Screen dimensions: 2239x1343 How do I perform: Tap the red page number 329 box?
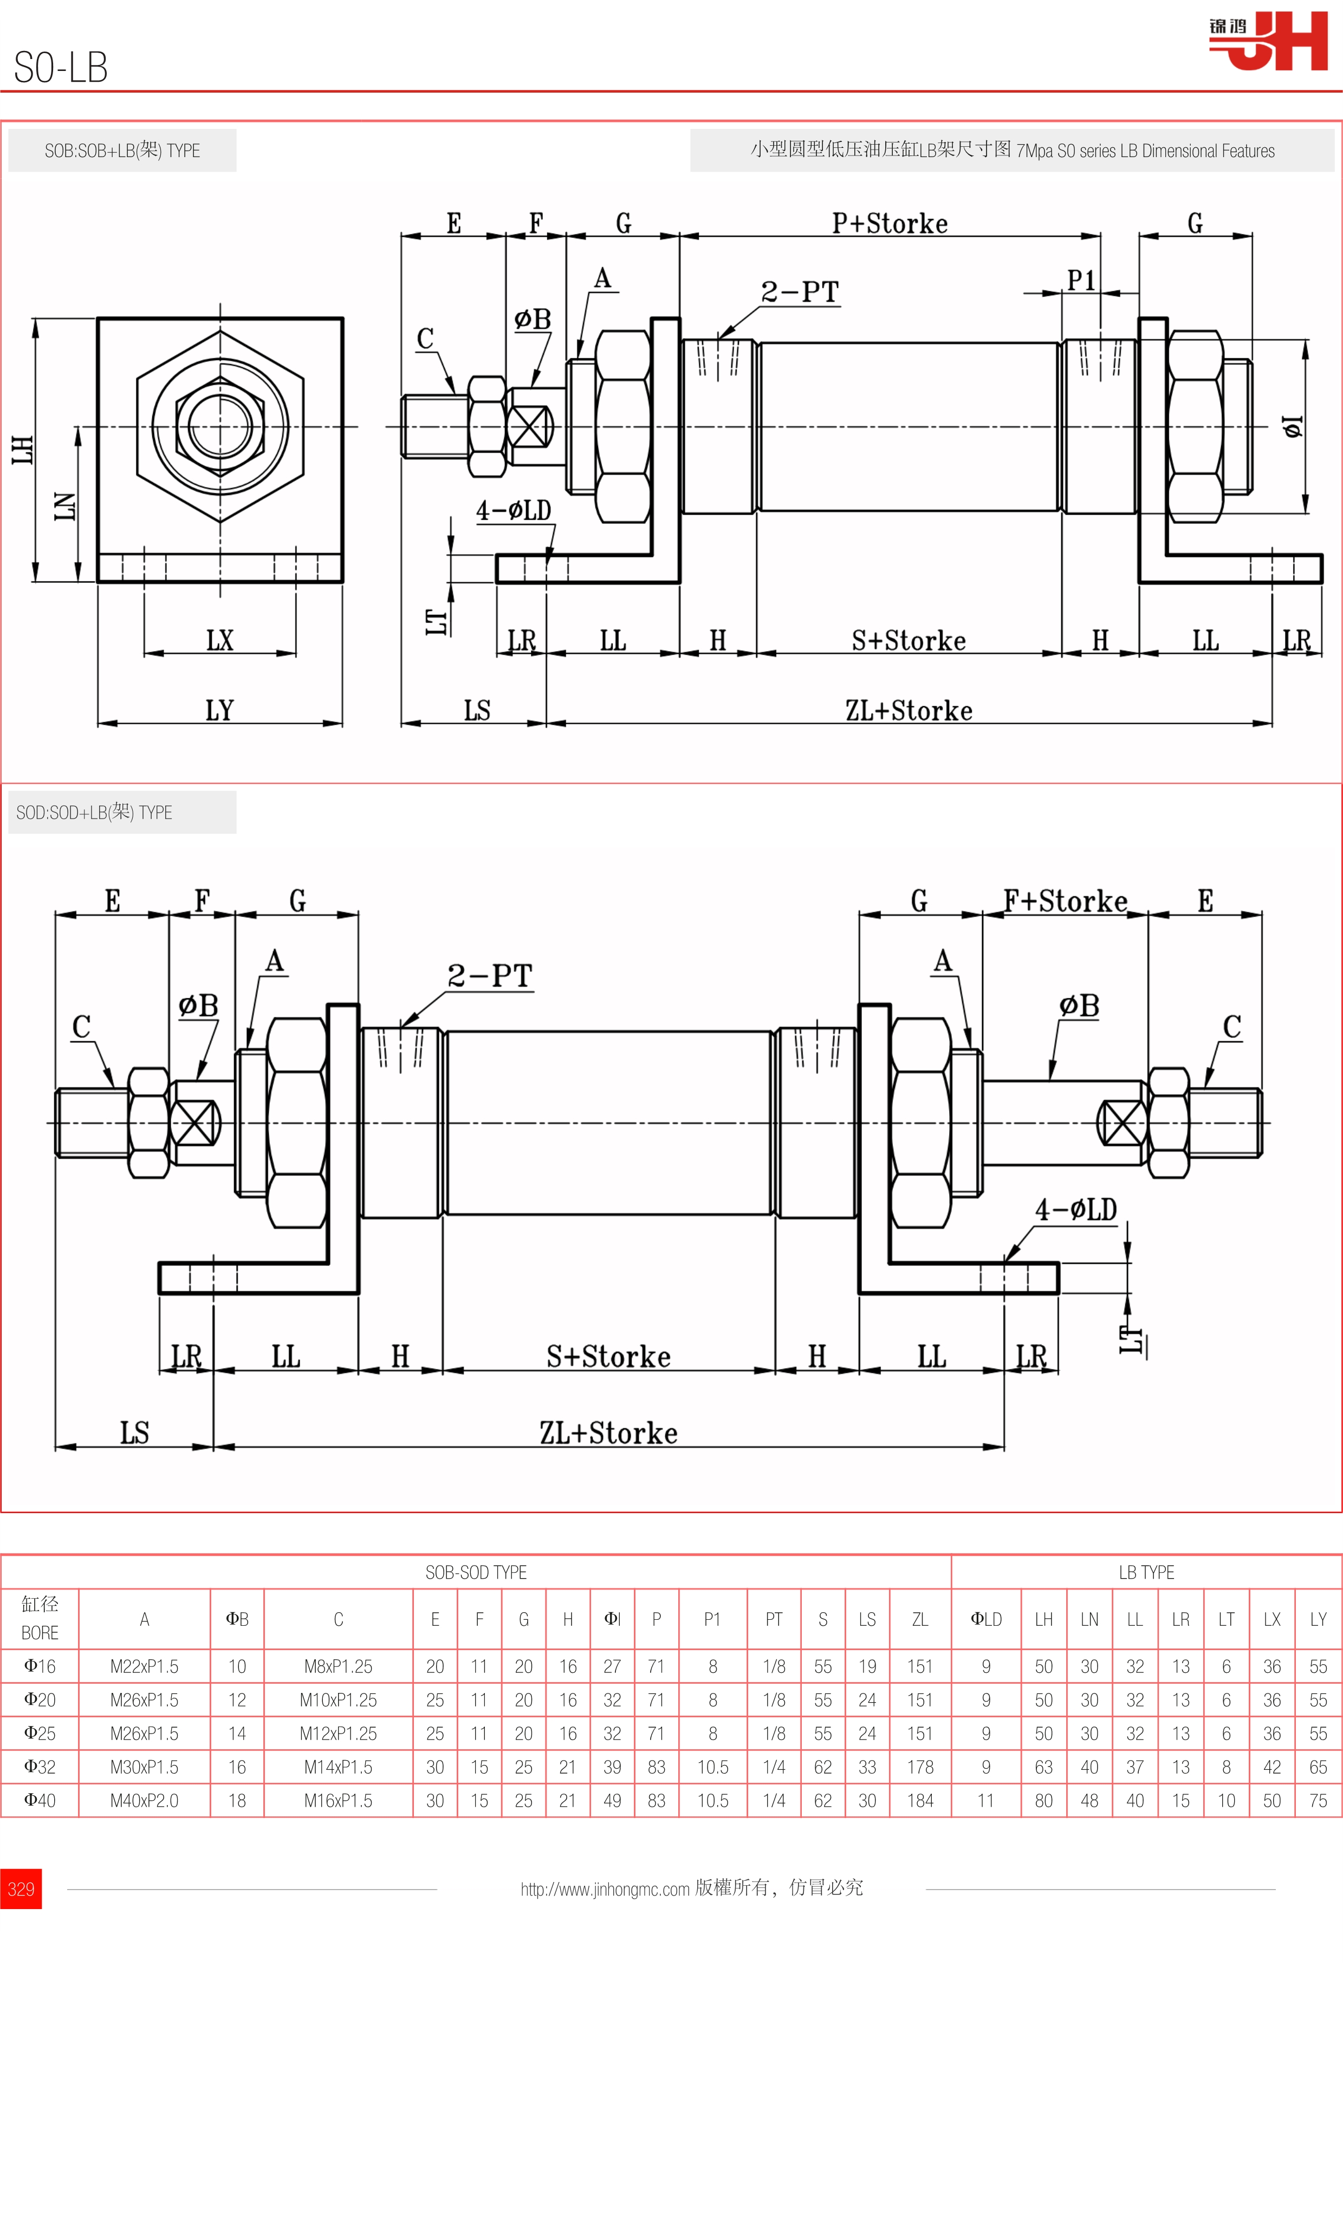click(x=21, y=1888)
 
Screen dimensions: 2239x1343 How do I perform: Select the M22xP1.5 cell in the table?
click(x=144, y=1666)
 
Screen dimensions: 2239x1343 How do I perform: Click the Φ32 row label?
click(x=40, y=1767)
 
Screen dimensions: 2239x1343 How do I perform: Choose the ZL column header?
click(x=919, y=1619)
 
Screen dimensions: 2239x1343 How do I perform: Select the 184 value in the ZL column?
click(x=919, y=1800)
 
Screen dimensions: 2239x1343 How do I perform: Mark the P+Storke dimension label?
click(x=890, y=224)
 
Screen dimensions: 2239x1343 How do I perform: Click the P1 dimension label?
click(x=1081, y=281)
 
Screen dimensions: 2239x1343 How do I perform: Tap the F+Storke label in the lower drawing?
click(x=1065, y=901)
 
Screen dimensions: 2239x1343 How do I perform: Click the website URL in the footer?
click(x=605, y=1888)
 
